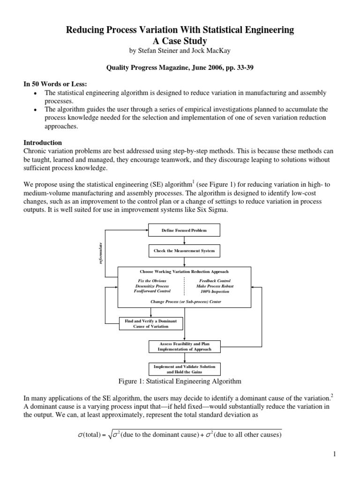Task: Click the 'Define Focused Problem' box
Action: (184, 231)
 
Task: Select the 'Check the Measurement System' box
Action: (184, 251)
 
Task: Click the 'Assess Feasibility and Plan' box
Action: (184, 346)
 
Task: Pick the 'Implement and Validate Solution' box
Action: (184, 368)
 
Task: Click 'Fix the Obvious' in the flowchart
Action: (149, 280)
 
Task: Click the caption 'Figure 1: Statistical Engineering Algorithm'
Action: (180, 381)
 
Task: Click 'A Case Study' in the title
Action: (180, 41)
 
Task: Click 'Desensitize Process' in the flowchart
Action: (149, 286)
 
